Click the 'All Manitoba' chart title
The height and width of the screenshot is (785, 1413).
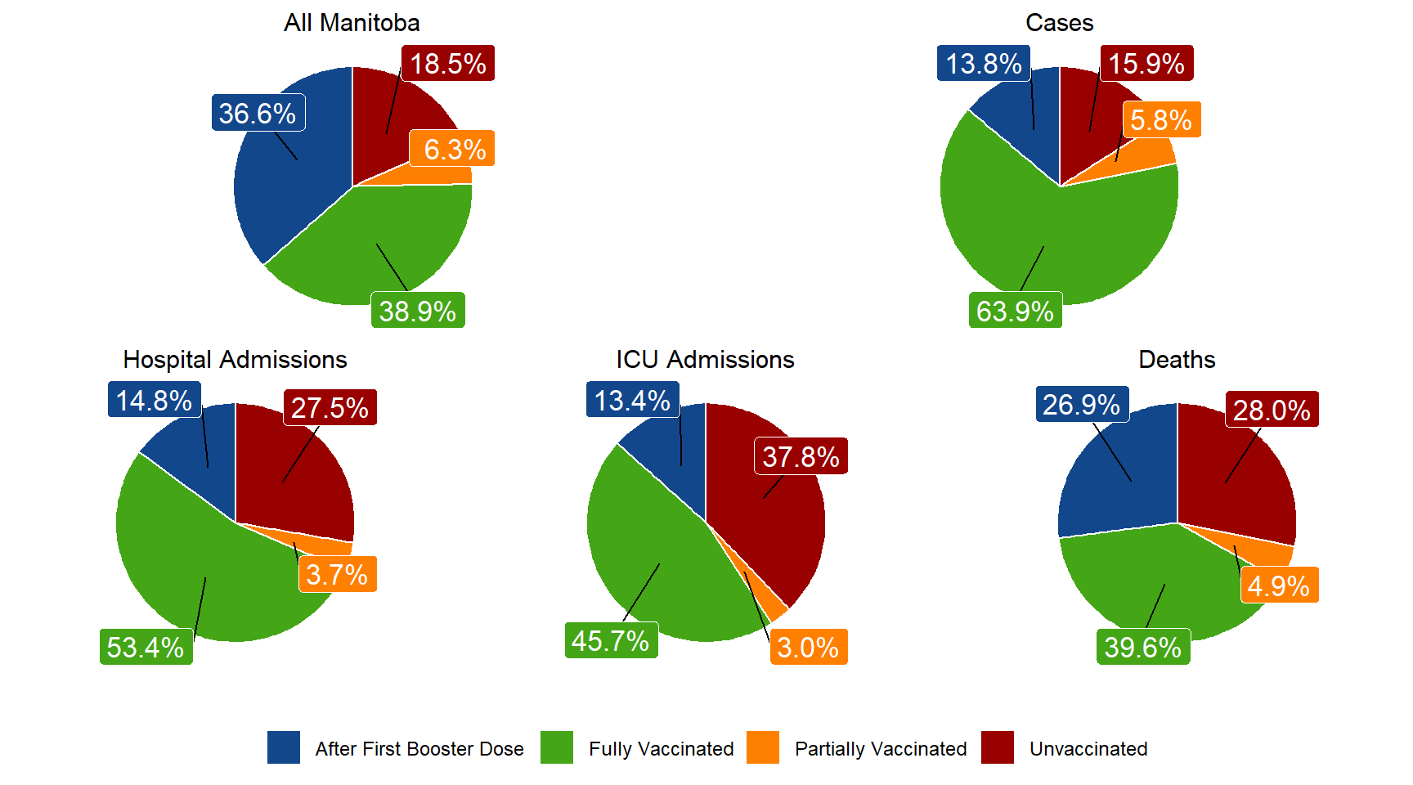coord(352,23)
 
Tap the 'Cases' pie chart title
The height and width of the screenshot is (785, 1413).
coord(1059,23)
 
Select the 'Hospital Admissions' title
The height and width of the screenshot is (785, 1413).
coord(235,360)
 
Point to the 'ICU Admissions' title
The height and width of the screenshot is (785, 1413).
coord(705,360)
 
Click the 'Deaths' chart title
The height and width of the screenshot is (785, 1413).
coord(1177,360)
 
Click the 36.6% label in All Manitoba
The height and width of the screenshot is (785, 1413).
coord(258,114)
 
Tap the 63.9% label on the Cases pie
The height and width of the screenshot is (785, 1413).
coord(1015,311)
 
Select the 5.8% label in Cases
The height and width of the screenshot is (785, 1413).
coord(1161,120)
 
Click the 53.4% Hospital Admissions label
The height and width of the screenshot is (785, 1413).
coord(146,647)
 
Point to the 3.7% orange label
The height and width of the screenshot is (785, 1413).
coord(337,575)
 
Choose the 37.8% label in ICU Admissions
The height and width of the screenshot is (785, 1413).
coord(801,457)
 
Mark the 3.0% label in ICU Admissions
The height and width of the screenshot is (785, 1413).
coord(808,647)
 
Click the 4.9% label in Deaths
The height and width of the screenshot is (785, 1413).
coord(1279,585)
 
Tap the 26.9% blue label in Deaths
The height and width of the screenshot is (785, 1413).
coord(1081,405)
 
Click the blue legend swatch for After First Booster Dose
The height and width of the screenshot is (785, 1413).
coord(284,747)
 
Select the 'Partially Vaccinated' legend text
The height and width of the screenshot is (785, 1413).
coord(881,749)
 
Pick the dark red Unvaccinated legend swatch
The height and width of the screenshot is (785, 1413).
coord(998,747)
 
